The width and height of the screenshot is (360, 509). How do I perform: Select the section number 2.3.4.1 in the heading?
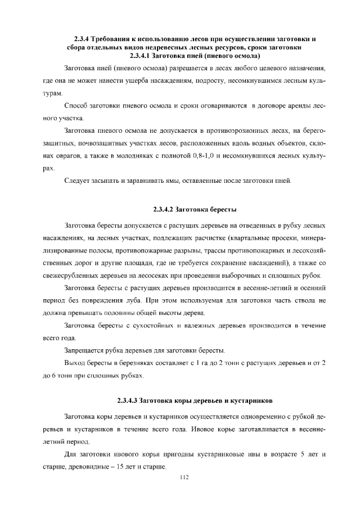point(143,56)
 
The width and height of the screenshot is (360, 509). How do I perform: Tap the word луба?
point(147,300)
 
